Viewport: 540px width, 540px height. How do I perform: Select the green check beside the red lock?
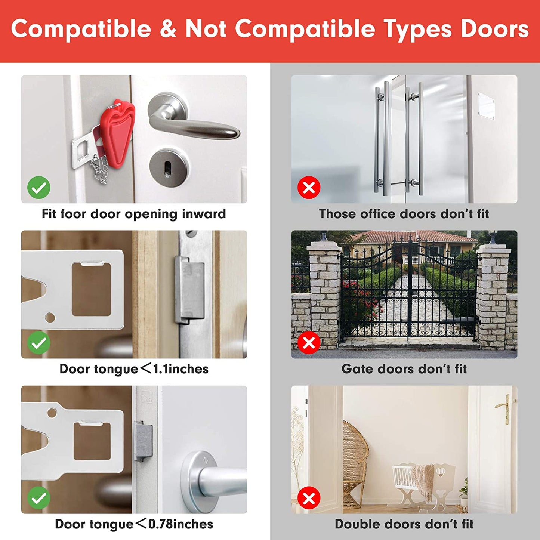[x=39, y=188]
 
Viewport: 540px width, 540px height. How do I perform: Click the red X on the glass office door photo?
[x=309, y=188]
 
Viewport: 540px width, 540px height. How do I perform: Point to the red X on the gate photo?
[x=309, y=343]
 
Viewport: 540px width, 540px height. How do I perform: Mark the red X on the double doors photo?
[x=309, y=498]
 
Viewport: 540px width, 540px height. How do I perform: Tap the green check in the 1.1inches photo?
[x=39, y=343]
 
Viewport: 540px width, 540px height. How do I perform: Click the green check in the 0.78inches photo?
[x=39, y=498]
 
